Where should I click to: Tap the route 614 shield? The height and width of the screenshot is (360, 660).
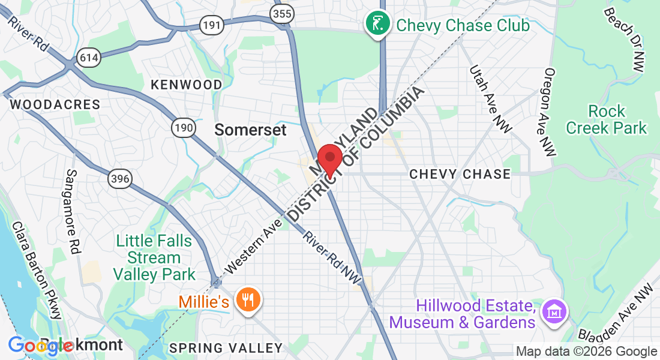(x=88, y=58)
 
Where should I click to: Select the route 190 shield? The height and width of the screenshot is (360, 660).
(x=183, y=127)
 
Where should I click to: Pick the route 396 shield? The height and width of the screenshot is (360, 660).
(x=120, y=178)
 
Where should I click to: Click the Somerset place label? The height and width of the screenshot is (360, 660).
(x=251, y=130)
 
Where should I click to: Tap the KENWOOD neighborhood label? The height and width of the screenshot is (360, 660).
(x=187, y=85)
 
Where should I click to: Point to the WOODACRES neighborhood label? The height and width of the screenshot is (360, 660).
(x=55, y=104)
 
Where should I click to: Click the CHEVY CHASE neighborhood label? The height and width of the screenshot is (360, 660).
(x=460, y=174)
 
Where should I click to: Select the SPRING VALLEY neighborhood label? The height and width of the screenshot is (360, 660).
(x=226, y=348)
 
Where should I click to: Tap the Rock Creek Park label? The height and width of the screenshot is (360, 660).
(x=607, y=119)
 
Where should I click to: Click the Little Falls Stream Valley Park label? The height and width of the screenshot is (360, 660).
(x=155, y=258)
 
